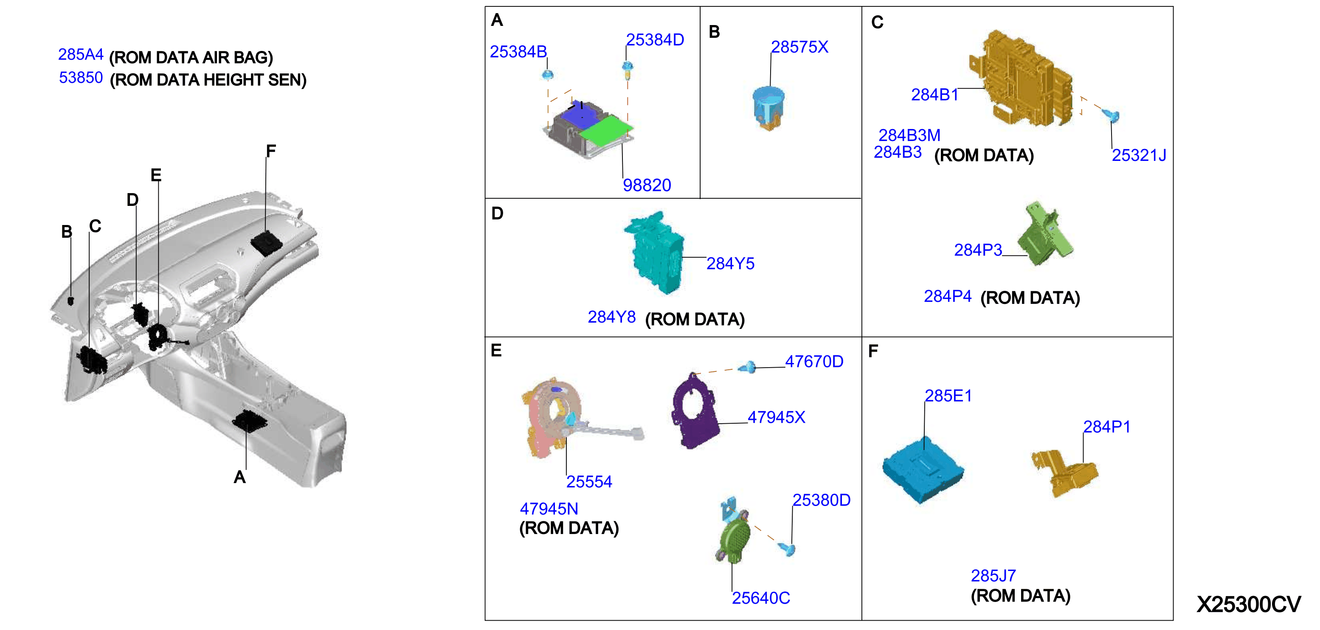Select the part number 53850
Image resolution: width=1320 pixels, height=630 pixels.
81,77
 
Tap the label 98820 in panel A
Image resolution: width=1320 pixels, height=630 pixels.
647,185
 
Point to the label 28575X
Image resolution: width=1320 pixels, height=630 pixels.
799,47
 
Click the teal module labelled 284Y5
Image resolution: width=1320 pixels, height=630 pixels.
654,253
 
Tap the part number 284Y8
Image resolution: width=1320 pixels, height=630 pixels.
611,317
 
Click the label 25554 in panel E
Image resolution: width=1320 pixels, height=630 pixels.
589,481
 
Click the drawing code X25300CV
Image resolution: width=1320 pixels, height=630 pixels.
1248,605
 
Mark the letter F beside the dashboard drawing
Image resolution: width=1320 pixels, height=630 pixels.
270,151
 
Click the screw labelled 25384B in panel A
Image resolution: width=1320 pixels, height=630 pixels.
547,75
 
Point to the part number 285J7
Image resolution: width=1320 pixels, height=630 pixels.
993,576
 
